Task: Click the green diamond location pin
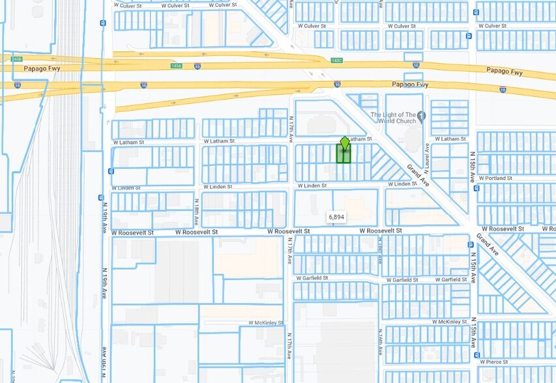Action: pos(345,143)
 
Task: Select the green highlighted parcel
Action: pos(344,155)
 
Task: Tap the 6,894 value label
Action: pos(336,216)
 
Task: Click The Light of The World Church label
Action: pos(393,119)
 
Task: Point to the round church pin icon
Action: pos(421,117)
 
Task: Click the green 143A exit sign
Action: pos(176,66)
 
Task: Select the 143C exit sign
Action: pos(336,61)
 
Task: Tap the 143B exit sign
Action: pos(17,59)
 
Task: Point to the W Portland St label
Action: pos(496,178)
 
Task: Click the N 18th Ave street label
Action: pos(197,212)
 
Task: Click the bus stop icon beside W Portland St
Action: pos(476,188)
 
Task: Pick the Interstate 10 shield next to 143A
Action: pos(143,85)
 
